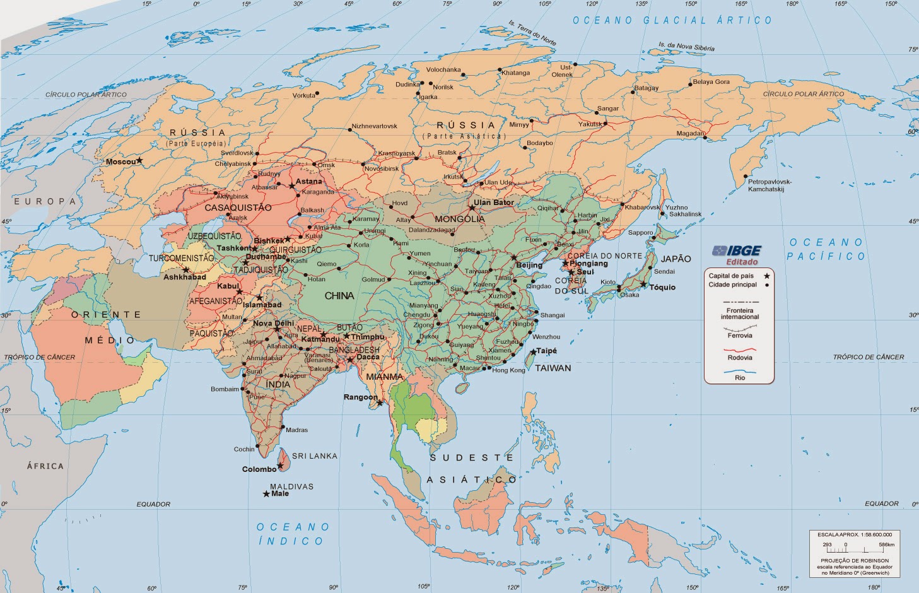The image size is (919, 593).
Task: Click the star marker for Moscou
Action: point(140,161)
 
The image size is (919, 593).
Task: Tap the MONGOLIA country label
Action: point(460,219)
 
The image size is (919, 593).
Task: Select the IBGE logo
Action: point(737,250)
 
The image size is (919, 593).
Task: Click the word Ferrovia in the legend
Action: point(740,336)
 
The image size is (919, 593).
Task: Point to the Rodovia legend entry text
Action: point(740,358)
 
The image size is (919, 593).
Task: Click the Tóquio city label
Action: point(662,287)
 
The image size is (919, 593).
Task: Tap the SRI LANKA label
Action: point(314,455)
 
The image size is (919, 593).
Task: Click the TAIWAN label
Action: point(553,368)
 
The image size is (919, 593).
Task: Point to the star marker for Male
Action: point(266,494)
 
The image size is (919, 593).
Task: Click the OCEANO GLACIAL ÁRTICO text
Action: point(672,20)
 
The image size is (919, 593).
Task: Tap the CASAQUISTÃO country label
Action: point(238,208)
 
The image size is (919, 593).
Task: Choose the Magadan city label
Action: point(690,134)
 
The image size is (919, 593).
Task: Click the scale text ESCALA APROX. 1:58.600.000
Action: point(855,534)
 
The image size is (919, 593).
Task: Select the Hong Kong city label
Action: point(508,370)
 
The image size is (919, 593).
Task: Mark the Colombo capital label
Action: point(259,469)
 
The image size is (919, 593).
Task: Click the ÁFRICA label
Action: point(45,466)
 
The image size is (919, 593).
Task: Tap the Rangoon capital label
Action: point(360,397)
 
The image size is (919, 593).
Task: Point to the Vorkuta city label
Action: point(303,96)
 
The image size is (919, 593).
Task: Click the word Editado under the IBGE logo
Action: point(742,262)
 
